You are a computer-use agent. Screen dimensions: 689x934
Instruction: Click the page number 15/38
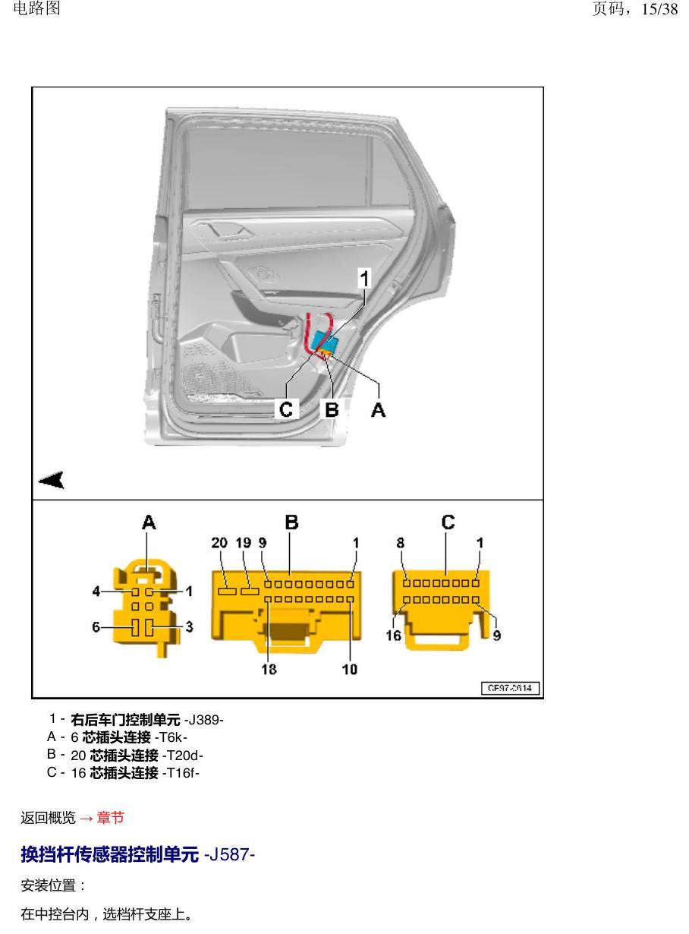pos(659,9)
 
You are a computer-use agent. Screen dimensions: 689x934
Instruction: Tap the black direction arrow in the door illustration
pos(52,480)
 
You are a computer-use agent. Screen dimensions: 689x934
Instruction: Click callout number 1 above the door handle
pos(364,279)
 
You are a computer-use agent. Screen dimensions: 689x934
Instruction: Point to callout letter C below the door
pos(286,409)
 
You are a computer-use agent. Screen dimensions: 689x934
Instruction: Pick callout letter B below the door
pos(332,409)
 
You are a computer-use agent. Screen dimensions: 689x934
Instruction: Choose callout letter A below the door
pos(379,409)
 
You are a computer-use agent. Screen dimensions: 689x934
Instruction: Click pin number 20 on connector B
pos(219,543)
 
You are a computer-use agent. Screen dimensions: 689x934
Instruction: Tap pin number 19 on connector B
pos(244,543)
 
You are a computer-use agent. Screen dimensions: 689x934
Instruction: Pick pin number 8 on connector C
pos(400,543)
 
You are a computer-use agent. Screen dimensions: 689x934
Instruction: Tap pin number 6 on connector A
pos(96,627)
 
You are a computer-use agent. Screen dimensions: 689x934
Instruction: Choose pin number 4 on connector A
pos(96,592)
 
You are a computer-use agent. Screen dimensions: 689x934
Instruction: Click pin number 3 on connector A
pos(189,627)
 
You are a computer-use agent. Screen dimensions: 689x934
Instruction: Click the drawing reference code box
pos(510,688)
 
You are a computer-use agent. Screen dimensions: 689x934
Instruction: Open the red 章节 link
pos(111,817)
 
